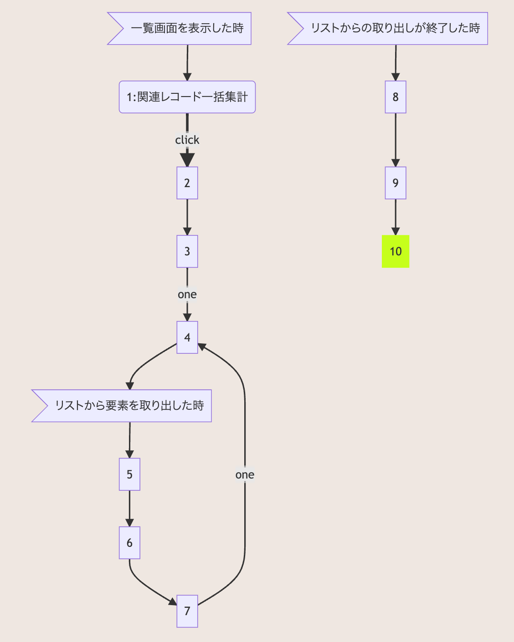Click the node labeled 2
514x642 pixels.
(x=187, y=183)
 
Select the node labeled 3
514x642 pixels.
(x=187, y=251)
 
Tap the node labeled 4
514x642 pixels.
(x=187, y=337)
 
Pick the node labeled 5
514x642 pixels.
(x=129, y=474)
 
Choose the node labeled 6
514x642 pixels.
(x=129, y=543)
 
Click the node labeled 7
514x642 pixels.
(x=187, y=611)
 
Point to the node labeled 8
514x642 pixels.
(x=396, y=97)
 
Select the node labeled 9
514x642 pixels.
(x=396, y=183)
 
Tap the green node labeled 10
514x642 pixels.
(x=396, y=251)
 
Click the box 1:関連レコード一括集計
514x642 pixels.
(x=187, y=97)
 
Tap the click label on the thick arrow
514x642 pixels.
(x=187, y=140)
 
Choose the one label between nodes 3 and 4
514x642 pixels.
(x=187, y=295)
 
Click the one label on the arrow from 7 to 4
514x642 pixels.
(x=245, y=475)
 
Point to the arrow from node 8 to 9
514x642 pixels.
(x=396, y=139)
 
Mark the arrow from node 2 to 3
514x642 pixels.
(x=187, y=217)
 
